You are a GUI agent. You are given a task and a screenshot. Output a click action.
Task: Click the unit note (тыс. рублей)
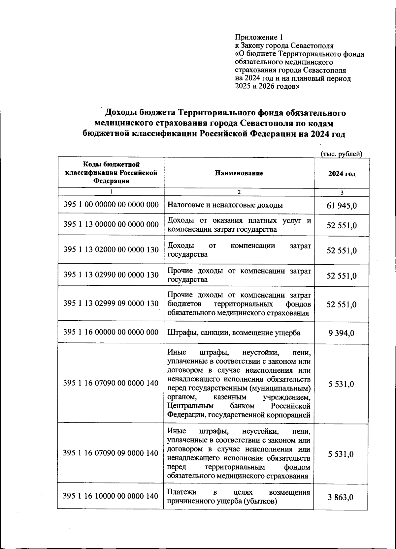342,154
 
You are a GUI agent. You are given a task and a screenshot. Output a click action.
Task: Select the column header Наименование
239,173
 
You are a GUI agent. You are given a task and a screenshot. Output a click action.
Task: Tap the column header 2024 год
342,174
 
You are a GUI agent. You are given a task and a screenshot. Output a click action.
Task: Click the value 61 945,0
342,206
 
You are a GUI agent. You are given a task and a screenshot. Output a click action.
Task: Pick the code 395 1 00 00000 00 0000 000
111,205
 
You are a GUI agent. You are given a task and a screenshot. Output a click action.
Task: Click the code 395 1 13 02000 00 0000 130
111,249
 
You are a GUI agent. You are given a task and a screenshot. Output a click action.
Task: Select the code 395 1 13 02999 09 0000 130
111,303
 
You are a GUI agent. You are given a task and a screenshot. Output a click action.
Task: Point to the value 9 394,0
341,333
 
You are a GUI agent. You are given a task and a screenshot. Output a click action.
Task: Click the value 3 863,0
341,497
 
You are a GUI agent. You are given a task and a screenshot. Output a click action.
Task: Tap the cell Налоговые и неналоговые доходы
225,205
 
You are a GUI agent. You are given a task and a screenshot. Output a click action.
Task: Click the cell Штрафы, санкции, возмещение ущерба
234,333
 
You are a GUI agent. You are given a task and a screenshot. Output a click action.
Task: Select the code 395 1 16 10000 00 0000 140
111,496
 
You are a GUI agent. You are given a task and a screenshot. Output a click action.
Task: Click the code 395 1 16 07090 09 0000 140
111,453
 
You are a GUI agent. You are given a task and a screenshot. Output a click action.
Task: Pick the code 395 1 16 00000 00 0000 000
111,332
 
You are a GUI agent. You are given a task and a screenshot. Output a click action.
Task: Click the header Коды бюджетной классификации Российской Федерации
111,173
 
